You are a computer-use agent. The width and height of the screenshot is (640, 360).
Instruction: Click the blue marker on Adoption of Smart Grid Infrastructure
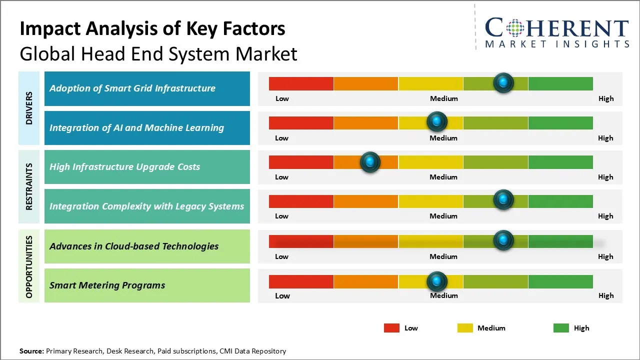[x=503, y=82]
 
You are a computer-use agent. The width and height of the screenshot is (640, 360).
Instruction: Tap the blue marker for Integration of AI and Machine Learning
[x=437, y=121]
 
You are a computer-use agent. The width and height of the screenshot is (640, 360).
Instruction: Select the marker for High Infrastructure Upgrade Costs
[x=370, y=161]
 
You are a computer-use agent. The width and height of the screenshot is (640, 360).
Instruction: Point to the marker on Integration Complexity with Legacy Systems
[x=503, y=200]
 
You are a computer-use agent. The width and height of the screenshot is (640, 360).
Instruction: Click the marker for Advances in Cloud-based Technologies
[x=503, y=240]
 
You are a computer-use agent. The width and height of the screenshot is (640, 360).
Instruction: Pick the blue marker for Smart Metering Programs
[x=437, y=281]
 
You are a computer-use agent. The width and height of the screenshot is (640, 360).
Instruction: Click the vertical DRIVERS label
[x=29, y=108]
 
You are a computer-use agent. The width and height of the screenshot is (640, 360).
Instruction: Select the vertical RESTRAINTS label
[x=29, y=186]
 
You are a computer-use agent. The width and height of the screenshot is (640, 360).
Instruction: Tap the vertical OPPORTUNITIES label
[x=29, y=266]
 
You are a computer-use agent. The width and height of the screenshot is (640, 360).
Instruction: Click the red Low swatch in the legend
[x=391, y=328]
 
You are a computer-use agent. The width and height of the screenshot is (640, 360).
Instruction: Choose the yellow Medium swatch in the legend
[x=465, y=328]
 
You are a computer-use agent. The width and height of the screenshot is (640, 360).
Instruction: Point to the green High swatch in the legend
[x=561, y=328]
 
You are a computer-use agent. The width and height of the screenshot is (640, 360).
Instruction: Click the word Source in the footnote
[x=31, y=351]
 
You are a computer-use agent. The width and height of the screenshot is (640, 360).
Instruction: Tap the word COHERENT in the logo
[x=557, y=28]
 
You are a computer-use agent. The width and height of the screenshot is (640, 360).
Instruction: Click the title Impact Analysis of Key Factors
[x=152, y=29]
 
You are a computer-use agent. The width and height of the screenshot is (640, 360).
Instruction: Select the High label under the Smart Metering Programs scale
[x=606, y=295]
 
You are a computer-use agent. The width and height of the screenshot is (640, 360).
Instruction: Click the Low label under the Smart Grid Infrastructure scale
[x=282, y=98]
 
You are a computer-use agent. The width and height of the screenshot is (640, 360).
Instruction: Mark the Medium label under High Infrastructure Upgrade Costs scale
[x=443, y=177]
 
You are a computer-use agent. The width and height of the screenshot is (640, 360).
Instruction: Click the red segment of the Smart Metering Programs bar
[x=301, y=281]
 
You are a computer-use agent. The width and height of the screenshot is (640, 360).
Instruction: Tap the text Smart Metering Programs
[x=107, y=285]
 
